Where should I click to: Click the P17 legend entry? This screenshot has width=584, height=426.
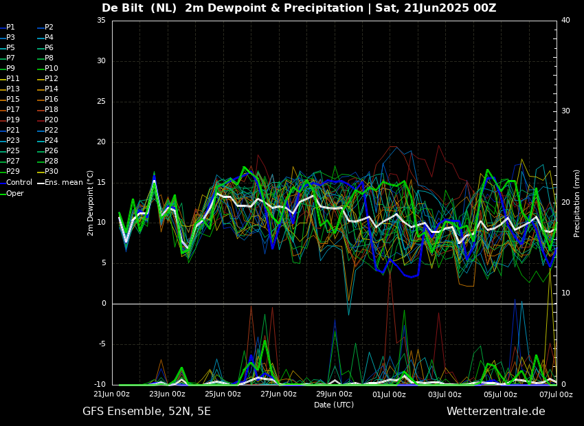13,110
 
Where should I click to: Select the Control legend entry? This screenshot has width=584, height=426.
19,183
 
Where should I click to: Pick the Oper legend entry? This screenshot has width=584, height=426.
15,193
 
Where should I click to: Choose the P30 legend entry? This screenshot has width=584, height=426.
52,172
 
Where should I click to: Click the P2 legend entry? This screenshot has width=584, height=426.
49,27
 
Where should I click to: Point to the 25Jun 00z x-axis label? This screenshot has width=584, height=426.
223,394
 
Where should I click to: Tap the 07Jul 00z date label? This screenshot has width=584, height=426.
556,394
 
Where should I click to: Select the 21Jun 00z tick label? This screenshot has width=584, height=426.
112,394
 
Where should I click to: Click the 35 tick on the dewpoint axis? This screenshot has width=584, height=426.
101,21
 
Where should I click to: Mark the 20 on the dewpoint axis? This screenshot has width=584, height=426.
101,142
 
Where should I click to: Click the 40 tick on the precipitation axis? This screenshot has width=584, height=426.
565,21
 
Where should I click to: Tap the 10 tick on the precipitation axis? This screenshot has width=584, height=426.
565,293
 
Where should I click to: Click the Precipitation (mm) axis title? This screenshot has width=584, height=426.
577,203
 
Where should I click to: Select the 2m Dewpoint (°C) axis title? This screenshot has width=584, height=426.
91,203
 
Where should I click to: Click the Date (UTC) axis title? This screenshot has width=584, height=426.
334,405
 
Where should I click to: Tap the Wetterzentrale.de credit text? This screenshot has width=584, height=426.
495,412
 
